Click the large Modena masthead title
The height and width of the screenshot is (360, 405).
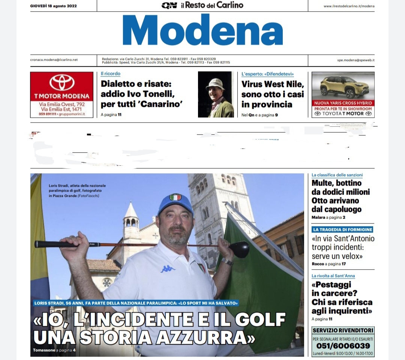[x=202, y=31]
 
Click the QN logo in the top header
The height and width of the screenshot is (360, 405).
[x=169, y=5]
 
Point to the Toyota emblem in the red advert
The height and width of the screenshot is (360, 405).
[x=62, y=82]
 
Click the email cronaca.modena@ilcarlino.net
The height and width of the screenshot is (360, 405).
[x=54, y=60]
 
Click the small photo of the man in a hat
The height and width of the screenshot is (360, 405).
[x=216, y=94]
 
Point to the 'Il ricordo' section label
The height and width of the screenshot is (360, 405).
[x=111, y=74]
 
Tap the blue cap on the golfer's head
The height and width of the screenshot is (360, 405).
[x=175, y=203]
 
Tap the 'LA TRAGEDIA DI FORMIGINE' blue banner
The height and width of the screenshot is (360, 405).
[x=342, y=229]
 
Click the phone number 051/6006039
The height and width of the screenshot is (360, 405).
[x=343, y=346]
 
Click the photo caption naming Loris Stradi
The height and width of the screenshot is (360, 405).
[x=77, y=190]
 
